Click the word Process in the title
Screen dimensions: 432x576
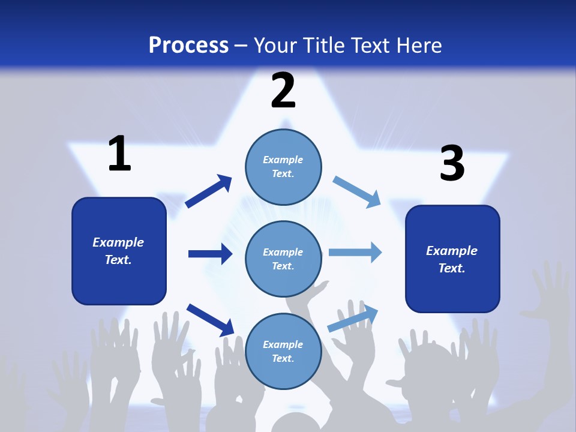(x=188, y=46)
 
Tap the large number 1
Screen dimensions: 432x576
(x=119, y=154)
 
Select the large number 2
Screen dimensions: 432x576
(x=283, y=91)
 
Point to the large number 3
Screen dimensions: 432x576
(x=452, y=164)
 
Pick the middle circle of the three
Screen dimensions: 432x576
(x=283, y=259)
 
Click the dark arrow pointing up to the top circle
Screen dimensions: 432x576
(x=209, y=191)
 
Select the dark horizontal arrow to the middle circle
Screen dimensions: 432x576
(x=210, y=254)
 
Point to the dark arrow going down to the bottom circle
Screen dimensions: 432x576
(x=210, y=319)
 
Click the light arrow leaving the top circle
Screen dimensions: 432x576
(x=357, y=191)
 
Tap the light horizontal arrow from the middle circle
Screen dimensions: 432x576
(x=355, y=252)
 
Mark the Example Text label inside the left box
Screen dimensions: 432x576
(x=118, y=251)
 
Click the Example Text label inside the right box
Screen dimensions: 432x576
(x=452, y=259)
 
